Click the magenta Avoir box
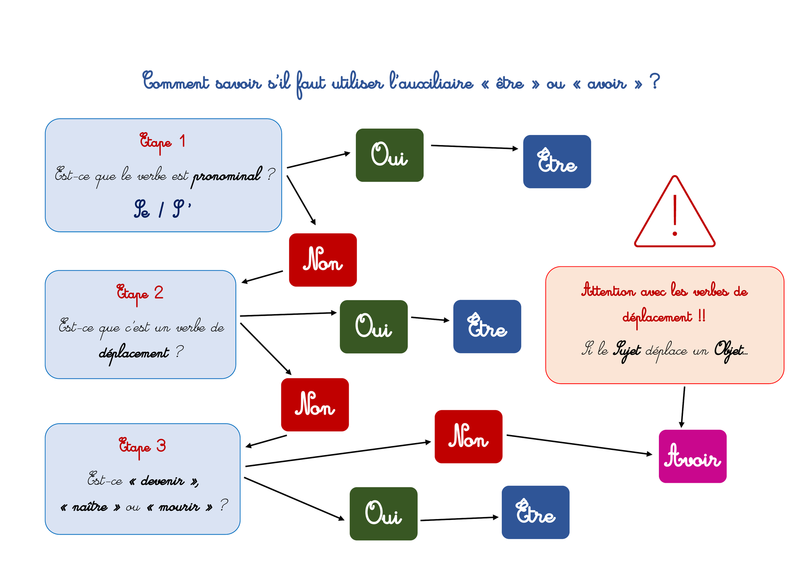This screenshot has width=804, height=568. coord(693,456)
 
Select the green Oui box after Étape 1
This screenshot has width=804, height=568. coord(390,155)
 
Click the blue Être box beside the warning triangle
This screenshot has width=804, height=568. coord(557,161)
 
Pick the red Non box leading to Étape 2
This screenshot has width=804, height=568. coord(323,260)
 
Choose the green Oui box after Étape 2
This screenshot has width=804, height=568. coord(373,327)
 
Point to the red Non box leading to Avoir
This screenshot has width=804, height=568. coord(468,437)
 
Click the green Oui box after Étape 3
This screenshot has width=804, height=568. coord(384,514)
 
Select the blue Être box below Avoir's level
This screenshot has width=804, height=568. coord(535,512)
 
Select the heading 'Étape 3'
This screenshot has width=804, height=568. coord(142,447)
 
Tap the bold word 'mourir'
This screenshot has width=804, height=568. coord(179,507)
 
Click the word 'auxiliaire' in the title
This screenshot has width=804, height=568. coord(431,82)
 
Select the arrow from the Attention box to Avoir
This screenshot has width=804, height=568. coord(683,407)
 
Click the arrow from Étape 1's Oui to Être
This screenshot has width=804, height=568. coord(475,147)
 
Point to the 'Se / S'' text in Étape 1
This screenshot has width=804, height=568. coord(162,209)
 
